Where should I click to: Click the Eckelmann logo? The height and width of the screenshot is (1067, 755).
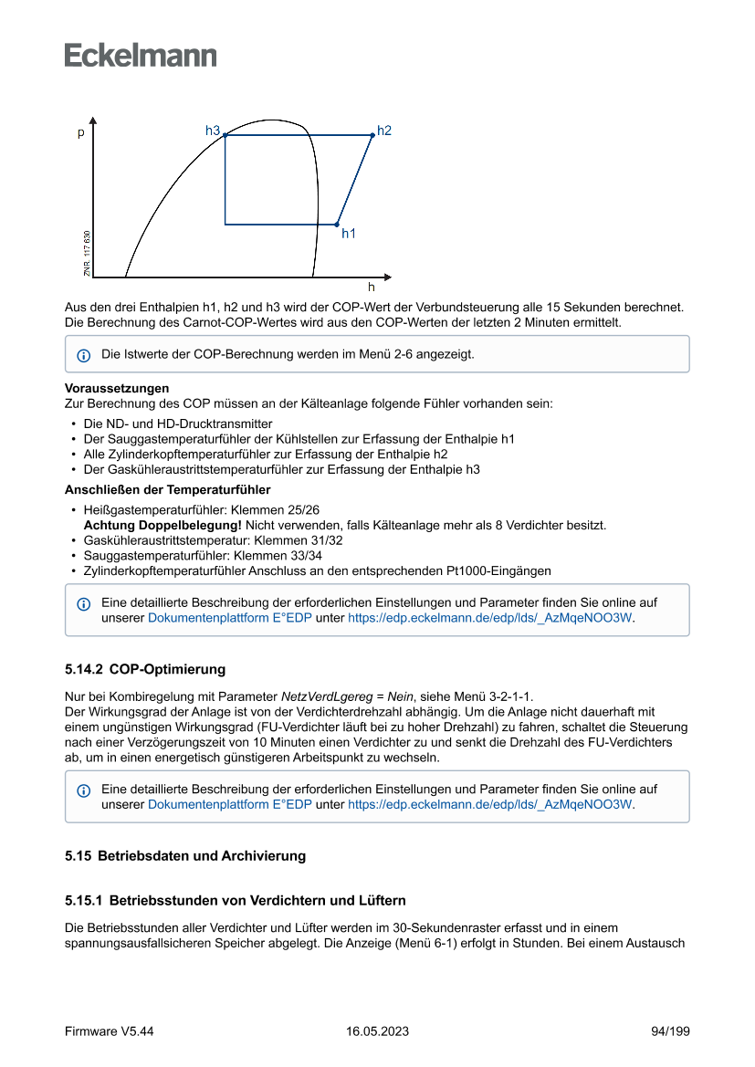pyautogui.click(x=141, y=56)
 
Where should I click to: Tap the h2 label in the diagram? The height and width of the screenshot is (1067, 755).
pyautogui.click(x=384, y=131)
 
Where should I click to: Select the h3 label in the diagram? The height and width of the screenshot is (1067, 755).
pyautogui.click(x=213, y=131)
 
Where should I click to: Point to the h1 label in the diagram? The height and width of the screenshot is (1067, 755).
pyautogui.click(x=349, y=234)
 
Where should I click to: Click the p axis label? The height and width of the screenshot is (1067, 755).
pyautogui.click(x=81, y=133)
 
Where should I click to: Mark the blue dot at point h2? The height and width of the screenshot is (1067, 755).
pyautogui.click(x=372, y=135)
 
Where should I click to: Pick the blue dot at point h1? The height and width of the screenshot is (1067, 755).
pyautogui.click(x=337, y=225)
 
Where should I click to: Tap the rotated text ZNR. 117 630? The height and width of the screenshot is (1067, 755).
pyautogui.click(x=87, y=254)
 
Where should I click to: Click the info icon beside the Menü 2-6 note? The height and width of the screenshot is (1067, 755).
pyautogui.click(x=83, y=354)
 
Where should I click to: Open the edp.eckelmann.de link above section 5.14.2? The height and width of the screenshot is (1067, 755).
pyautogui.click(x=490, y=618)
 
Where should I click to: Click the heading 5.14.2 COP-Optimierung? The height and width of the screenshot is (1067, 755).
pyautogui.click(x=145, y=669)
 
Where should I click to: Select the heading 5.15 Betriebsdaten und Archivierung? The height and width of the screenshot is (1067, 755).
pyautogui.click(x=185, y=856)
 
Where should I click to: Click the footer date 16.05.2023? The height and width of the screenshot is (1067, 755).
pyautogui.click(x=377, y=1031)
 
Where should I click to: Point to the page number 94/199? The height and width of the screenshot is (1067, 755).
pyautogui.click(x=670, y=1031)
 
